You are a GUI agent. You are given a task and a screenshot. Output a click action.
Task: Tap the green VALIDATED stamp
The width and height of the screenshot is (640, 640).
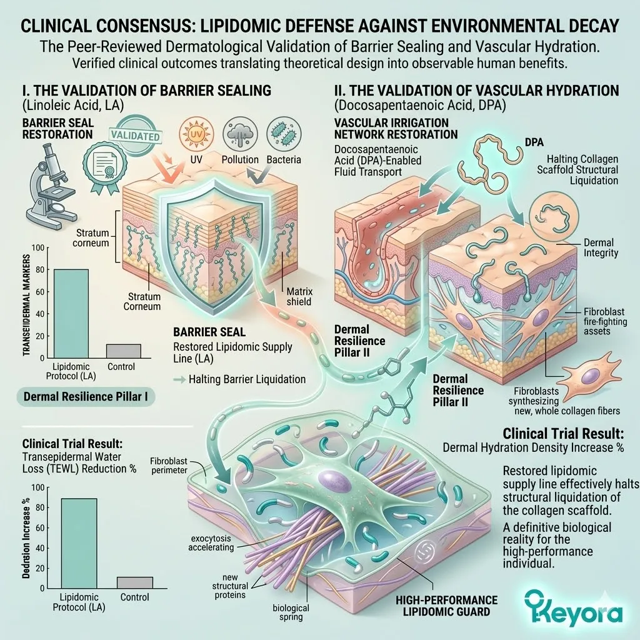pos(134,136)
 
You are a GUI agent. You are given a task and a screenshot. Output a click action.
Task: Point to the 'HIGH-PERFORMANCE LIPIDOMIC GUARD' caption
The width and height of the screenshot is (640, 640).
pos(447,606)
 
